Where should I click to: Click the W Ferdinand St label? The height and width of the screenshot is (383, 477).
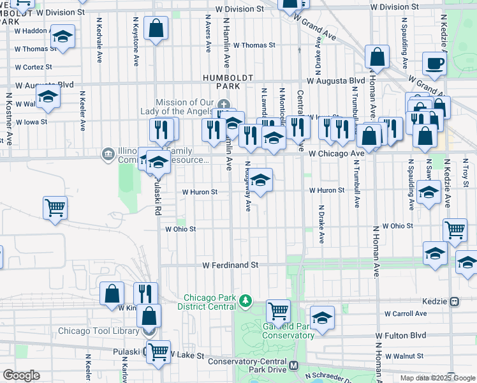tap(230, 264)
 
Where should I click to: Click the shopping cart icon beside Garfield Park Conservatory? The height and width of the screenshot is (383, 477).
tap(278, 312)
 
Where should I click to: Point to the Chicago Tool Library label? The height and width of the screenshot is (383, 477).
tap(98, 331)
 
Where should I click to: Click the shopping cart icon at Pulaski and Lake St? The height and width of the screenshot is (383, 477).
tap(158, 350)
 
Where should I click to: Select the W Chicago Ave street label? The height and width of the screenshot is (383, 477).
tap(335, 154)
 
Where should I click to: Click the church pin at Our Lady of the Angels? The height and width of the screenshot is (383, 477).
tap(223, 105)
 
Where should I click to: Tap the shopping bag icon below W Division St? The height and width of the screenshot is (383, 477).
tap(156, 28)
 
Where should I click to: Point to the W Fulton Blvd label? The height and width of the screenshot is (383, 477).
tap(400, 335)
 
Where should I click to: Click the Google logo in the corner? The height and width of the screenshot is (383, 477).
tap(21, 375)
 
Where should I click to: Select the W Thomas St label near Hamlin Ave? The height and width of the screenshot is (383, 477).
tap(254, 45)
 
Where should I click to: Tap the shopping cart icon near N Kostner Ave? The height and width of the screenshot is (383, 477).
tap(55, 207)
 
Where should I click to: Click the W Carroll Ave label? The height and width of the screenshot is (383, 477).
tap(406, 313)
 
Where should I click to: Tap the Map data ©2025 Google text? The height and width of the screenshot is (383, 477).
tap(437, 377)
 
